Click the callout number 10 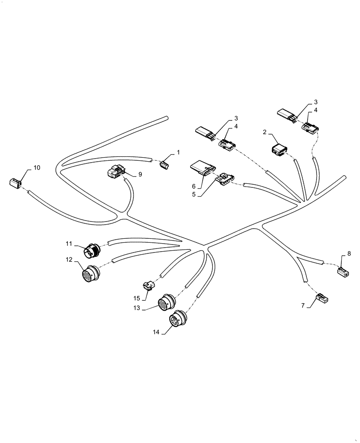click(x=36, y=167)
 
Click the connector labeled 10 click(x=15, y=182)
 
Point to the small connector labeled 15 click(x=149, y=286)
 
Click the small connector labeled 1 click(x=165, y=165)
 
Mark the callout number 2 click(x=264, y=132)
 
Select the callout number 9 click(x=140, y=175)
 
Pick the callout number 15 click(x=137, y=298)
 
